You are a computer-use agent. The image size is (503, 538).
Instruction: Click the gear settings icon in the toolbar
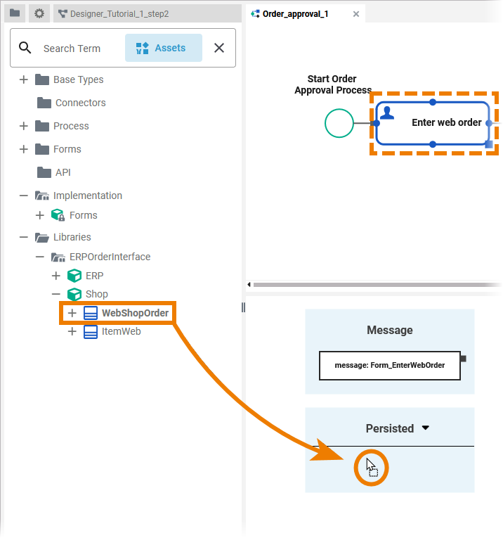pyautogui.click(x=39, y=13)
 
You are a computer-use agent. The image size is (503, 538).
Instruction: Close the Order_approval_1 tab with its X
pyautogui.click(x=356, y=13)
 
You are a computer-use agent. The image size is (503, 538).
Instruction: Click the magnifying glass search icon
pyautogui.click(x=25, y=48)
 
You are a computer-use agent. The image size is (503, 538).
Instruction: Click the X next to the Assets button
pyautogui.click(x=219, y=48)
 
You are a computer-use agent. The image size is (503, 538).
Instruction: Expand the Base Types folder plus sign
pyautogui.click(x=24, y=79)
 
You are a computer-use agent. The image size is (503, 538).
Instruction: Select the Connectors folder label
pyautogui.click(x=80, y=103)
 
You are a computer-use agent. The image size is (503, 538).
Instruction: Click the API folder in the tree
pyautogui.click(x=63, y=172)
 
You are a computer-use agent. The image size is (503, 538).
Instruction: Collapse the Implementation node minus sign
pyautogui.click(x=24, y=196)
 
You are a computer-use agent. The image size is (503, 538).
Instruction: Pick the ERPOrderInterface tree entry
pyautogui.click(x=110, y=257)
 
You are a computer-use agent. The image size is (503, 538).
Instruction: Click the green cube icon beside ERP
pyautogui.click(x=74, y=276)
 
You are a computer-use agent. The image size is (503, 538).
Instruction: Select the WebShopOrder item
pyautogui.click(x=135, y=313)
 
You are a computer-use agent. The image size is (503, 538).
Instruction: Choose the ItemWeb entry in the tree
pyautogui.click(x=121, y=331)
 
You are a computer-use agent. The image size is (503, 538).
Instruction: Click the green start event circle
pyautogui.click(x=339, y=123)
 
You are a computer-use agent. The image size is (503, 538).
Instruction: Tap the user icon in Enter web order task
pyautogui.click(x=387, y=113)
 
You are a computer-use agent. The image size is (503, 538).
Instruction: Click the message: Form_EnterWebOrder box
pyautogui.click(x=390, y=365)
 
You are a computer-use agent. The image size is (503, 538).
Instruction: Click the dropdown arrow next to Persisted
pyautogui.click(x=425, y=428)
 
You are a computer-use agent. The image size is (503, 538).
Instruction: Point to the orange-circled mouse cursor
pyautogui.click(x=370, y=466)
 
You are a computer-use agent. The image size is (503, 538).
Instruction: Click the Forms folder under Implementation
pyautogui.click(x=83, y=215)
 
